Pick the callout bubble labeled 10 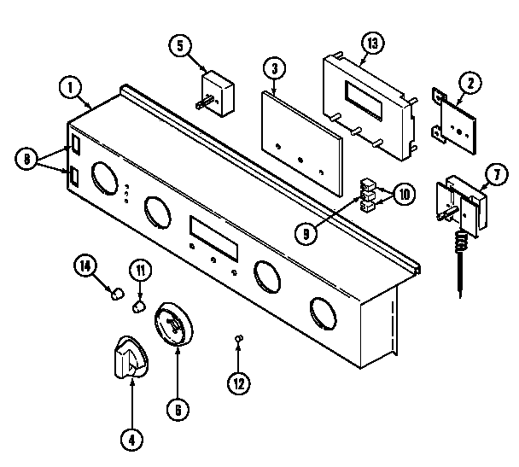click(403, 194)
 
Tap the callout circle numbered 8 click(27, 158)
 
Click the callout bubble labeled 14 click(85, 267)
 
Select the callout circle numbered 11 click(139, 271)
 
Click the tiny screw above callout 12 click(240, 341)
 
